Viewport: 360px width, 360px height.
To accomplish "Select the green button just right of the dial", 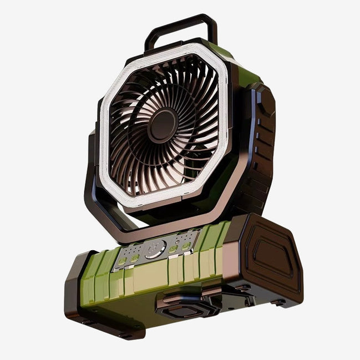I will coord(173,248).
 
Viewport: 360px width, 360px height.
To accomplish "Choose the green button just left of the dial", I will coord(134,257).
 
